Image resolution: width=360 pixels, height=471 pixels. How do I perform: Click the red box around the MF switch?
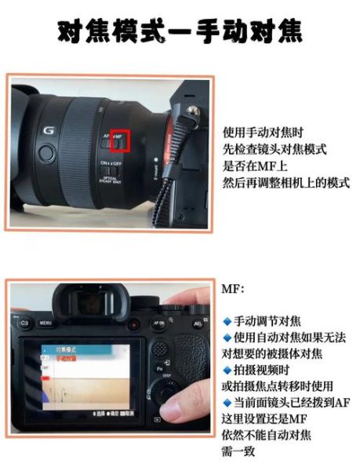coord(119,141)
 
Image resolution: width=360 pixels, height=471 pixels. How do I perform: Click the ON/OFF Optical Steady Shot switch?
coord(115,166)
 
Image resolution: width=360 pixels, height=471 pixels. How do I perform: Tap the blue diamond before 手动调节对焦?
coord(227,321)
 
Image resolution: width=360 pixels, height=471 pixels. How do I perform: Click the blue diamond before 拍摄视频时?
coord(227,370)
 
